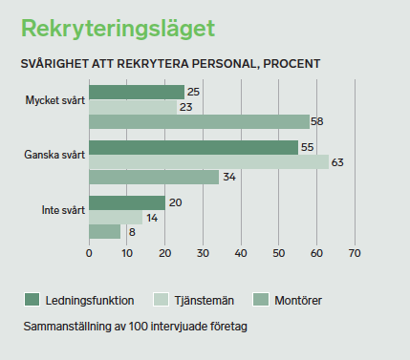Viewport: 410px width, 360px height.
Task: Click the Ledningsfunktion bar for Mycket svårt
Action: coord(137,93)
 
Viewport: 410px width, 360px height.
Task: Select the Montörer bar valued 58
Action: coord(199,121)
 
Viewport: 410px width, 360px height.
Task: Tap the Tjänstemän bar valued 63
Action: coord(208,162)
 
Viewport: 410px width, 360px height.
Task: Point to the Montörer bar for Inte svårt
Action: coord(104,231)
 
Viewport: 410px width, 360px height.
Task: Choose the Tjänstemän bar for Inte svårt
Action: coord(116,218)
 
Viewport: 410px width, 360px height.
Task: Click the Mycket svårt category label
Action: coord(55,99)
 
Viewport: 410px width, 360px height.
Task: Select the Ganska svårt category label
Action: coord(55,155)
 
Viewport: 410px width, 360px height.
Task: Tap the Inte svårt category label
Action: coord(63,210)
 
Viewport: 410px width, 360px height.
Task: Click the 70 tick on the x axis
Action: coord(355,254)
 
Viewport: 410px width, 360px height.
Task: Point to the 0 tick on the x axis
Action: coord(89,254)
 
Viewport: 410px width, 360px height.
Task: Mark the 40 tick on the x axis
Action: coord(241,254)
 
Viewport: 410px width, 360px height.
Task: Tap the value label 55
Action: coord(307,148)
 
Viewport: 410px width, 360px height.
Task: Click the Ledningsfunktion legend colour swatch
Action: coord(31,300)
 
